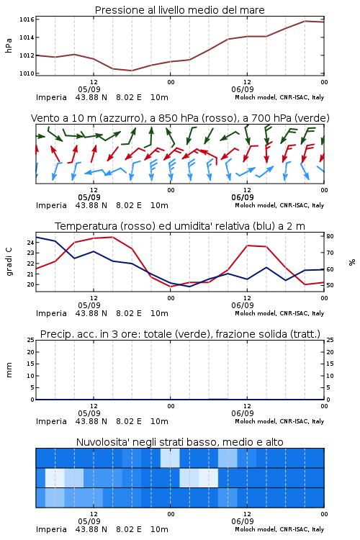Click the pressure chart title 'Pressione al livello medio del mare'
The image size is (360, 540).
[179, 10]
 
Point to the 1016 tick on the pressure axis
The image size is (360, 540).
[27, 19]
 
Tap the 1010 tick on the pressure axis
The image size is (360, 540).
[27, 73]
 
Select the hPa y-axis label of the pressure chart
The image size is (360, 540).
[9, 45]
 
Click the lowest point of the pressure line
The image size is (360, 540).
[132, 71]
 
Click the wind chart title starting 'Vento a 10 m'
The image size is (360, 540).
[180, 118]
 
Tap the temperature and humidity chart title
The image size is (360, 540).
[180, 226]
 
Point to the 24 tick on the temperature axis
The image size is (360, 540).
[31, 243]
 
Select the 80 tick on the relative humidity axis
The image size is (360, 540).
[330, 236]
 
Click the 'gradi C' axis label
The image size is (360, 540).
[9, 261]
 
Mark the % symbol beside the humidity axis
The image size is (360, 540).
[352, 262]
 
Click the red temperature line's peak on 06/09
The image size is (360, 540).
[248, 246]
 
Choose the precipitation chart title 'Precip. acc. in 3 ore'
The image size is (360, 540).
[180, 334]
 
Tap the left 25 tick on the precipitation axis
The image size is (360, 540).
[31, 340]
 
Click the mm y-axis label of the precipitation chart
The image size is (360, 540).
[9, 370]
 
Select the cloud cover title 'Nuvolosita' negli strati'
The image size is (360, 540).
[179, 442]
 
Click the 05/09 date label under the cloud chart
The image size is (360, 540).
[89, 521]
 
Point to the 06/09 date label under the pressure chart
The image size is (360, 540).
[243, 89]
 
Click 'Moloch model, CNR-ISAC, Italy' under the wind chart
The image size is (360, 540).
[279, 205]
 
